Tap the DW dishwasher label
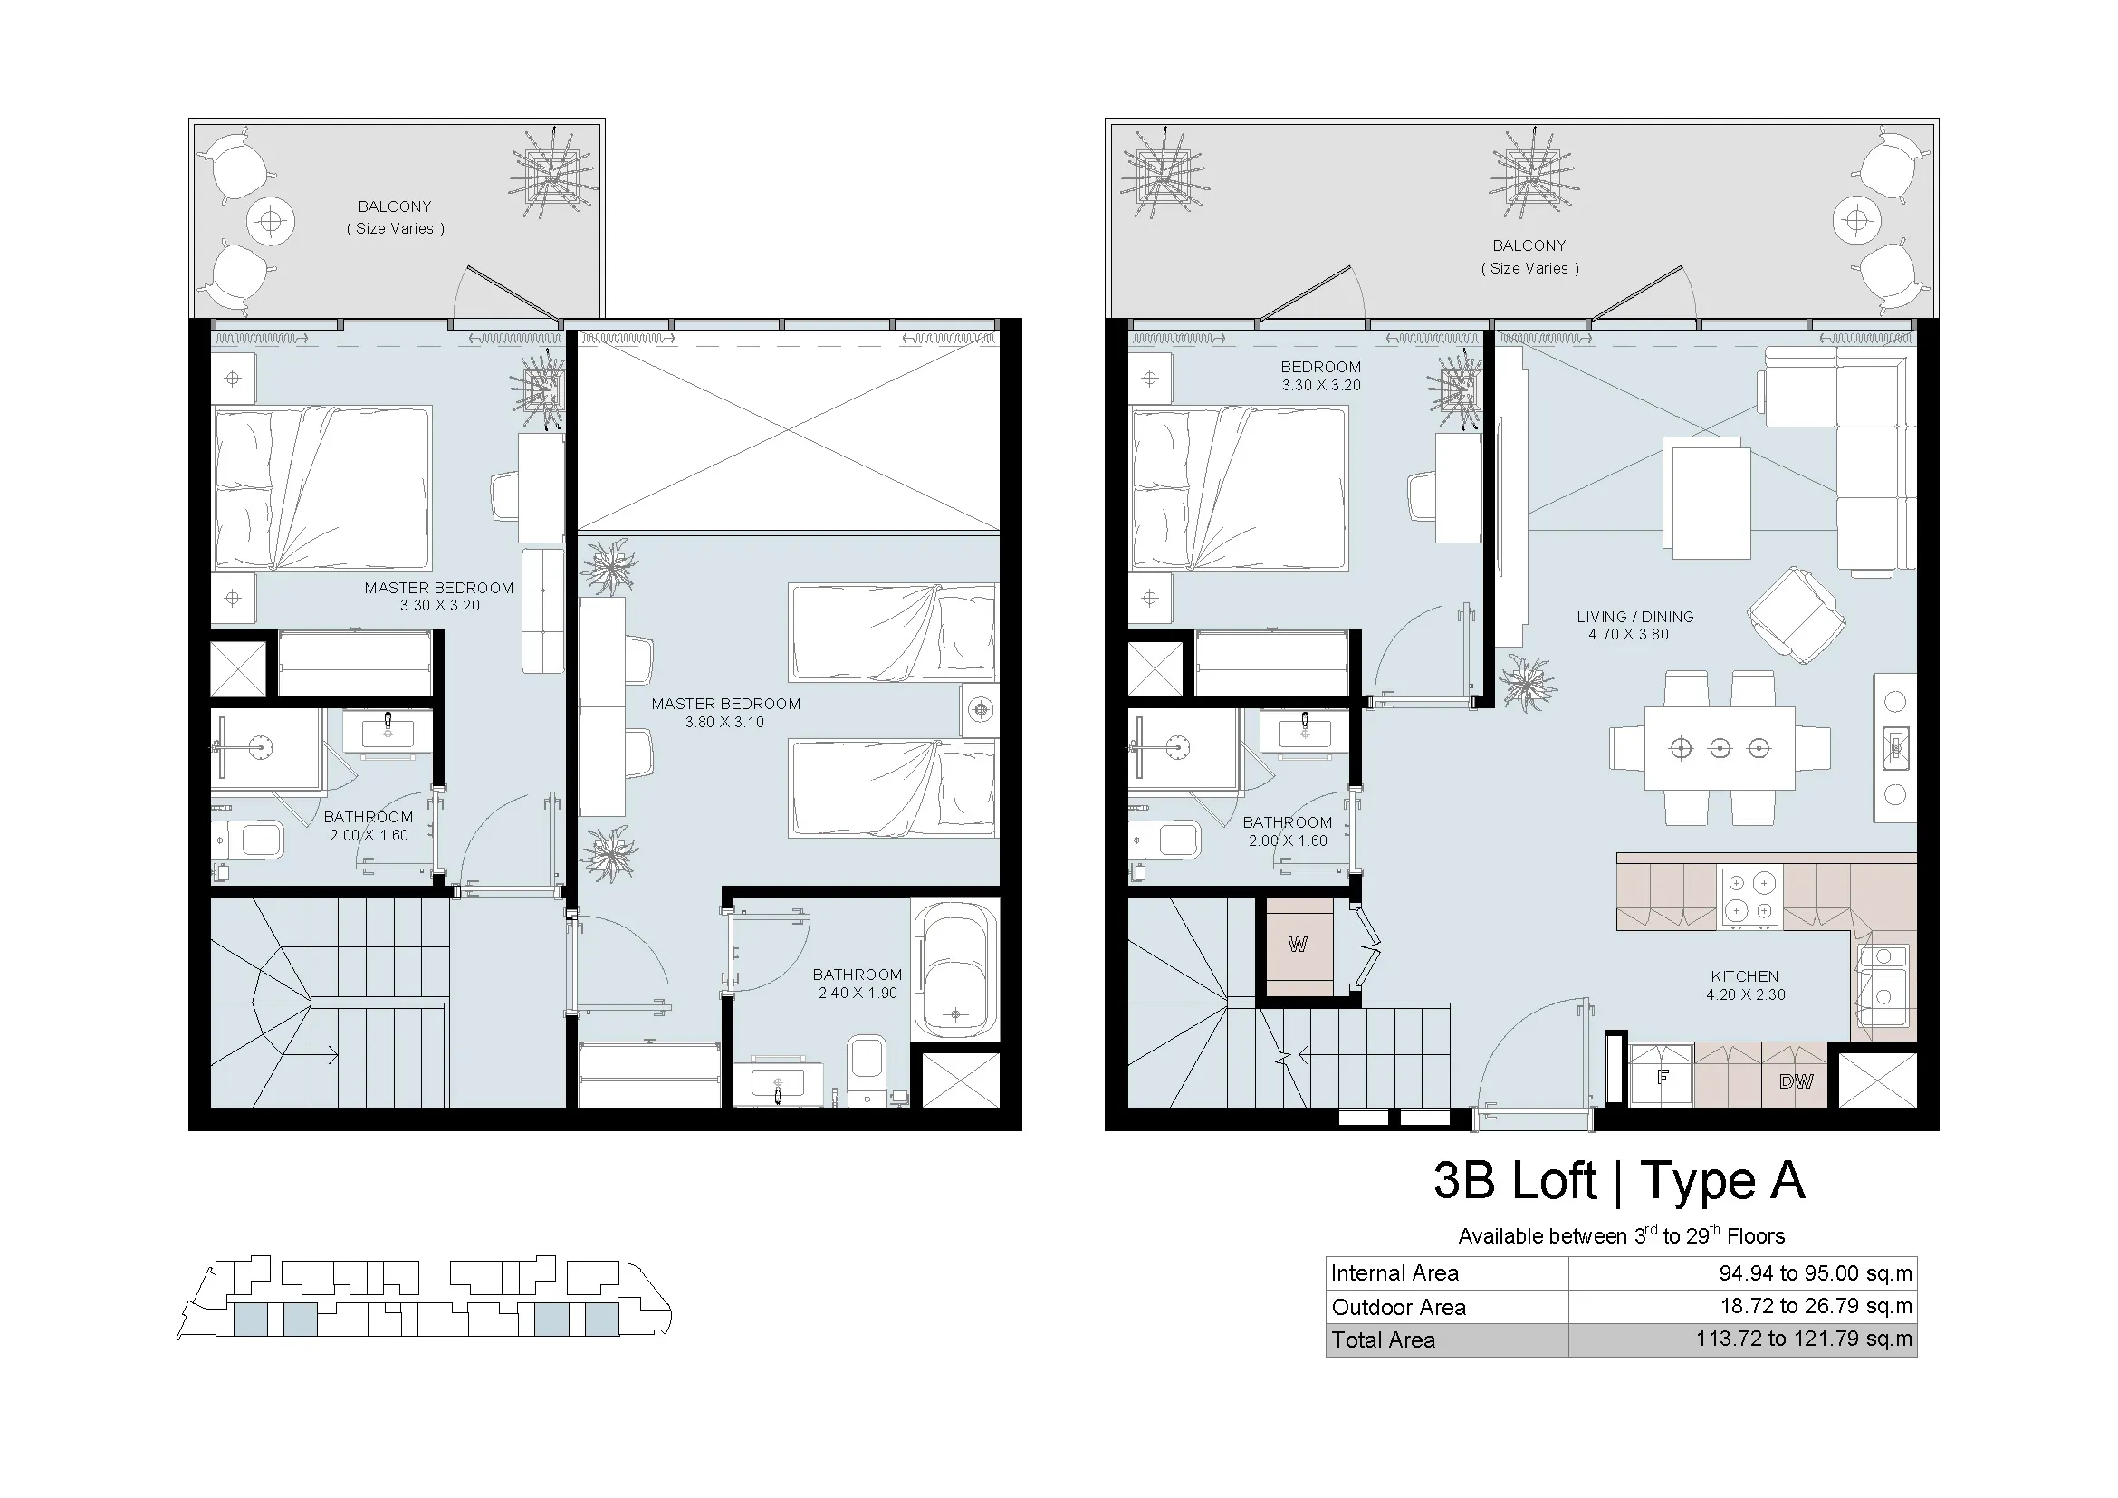(x=1795, y=1081)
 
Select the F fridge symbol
(x=1663, y=1075)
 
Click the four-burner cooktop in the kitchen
(x=1750, y=897)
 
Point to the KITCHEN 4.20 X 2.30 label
(x=1745, y=985)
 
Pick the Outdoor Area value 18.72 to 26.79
(x=1816, y=1306)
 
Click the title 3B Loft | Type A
(x=1619, y=1180)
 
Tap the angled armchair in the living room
(x=1795, y=614)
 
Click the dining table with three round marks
(x=1720, y=748)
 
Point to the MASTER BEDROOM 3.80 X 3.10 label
(x=726, y=713)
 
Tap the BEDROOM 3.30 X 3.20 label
(x=1321, y=376)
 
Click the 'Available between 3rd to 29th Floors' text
(x=1621, y=1234)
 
